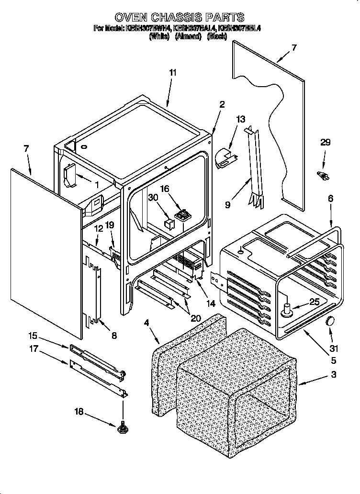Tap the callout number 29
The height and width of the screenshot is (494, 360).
tap(325, 142)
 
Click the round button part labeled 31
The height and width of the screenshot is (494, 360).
tap(329, 321)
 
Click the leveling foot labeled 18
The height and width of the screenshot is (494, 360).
tap(123, 426)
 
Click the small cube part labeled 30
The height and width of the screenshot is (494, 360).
tap(169, 223)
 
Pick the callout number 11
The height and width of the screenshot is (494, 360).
tap(173, 72)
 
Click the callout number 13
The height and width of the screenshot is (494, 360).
tap(240, 119)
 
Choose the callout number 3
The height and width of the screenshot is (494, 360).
tap(333, 374)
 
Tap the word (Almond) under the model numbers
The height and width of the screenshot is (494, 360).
tap(188, 36)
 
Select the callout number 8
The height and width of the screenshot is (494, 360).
tap(113, 336)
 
